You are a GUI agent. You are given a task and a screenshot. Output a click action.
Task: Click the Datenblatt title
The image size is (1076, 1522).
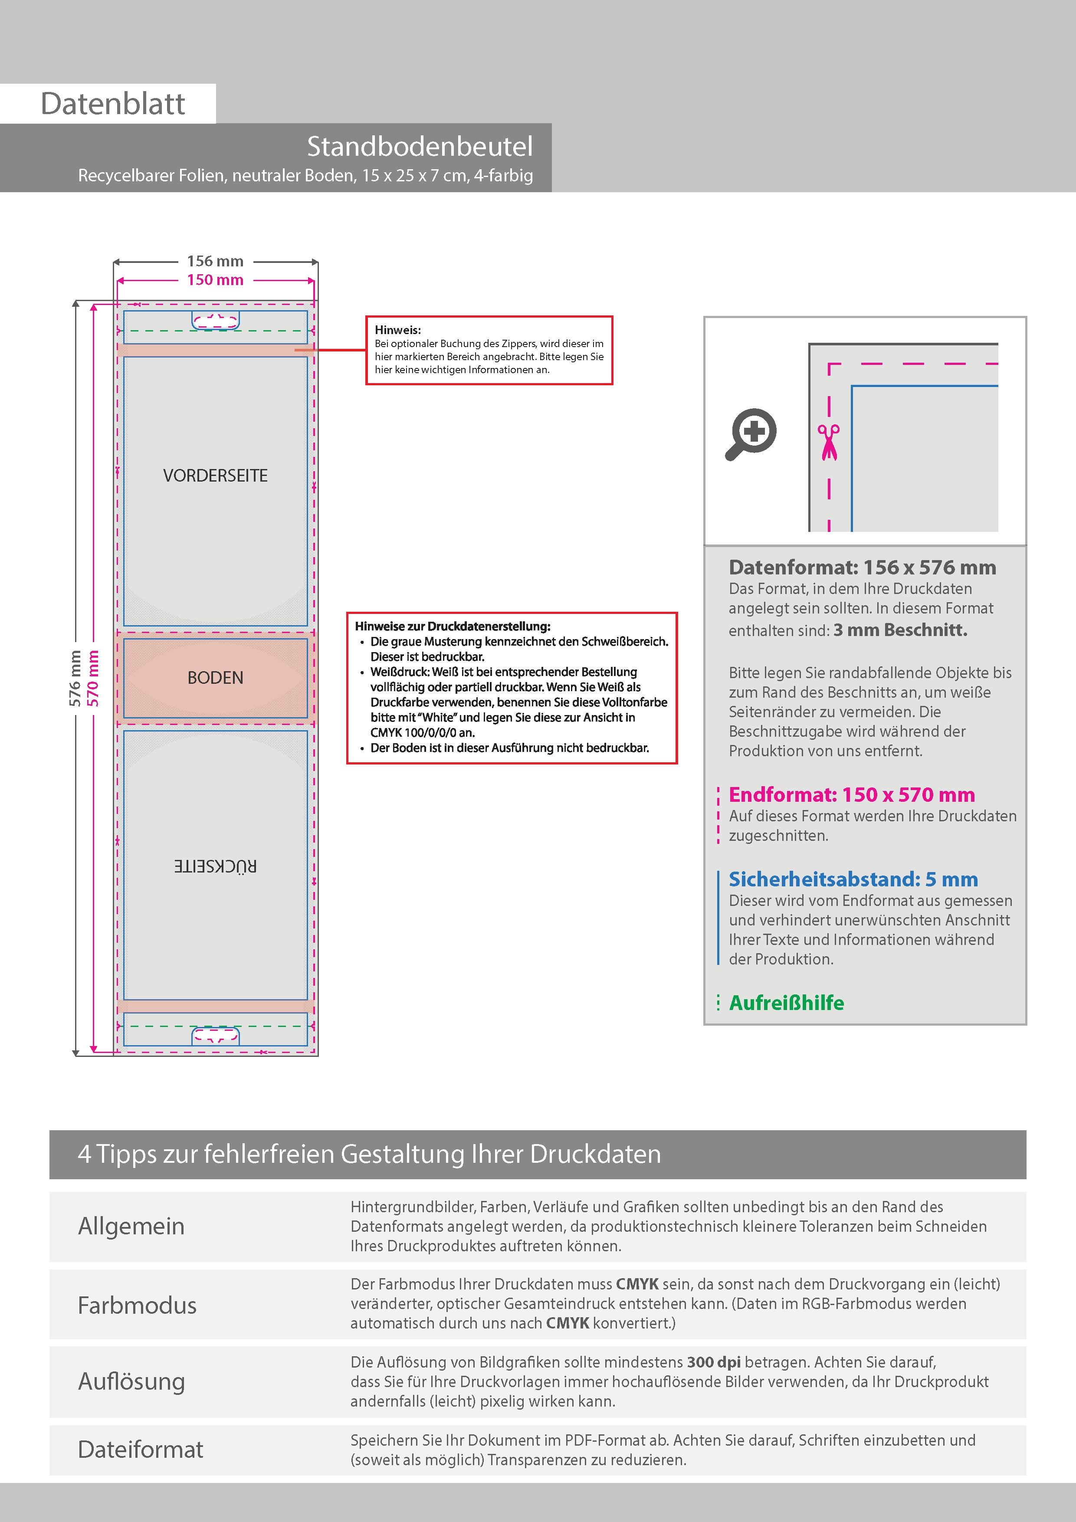click(113, 104)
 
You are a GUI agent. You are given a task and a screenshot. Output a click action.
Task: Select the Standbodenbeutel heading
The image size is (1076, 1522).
click(419, 147)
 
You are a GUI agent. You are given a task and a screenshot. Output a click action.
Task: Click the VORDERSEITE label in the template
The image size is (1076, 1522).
click(216, 475)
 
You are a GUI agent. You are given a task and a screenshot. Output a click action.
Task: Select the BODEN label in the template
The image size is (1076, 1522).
click(216, 677)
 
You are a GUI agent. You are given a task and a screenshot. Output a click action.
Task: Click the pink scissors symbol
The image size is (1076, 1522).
click(829, 442)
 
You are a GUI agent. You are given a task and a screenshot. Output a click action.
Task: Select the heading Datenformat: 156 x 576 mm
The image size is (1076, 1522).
click(862, 567)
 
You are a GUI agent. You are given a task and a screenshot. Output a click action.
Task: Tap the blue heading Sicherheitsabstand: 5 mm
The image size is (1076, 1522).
click(853, 879)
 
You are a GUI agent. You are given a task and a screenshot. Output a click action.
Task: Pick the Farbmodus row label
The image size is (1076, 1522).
click(137, 1305)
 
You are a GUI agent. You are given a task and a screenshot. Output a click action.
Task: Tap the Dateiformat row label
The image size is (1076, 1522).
click(141, 1449)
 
